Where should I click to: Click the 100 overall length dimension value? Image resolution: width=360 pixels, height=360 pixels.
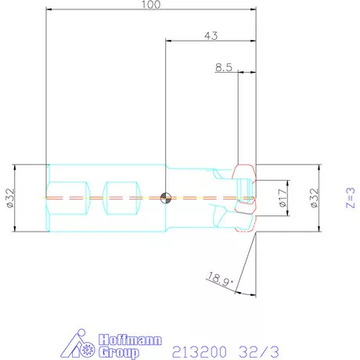151,4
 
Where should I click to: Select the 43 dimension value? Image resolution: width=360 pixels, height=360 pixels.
211,35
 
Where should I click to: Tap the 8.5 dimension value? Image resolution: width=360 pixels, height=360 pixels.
224,67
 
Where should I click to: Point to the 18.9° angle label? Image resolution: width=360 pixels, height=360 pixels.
221,279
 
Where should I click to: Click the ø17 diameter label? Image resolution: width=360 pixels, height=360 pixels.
283,198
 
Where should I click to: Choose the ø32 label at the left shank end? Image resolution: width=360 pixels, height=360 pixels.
10,198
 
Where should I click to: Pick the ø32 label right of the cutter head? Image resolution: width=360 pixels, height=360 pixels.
315,198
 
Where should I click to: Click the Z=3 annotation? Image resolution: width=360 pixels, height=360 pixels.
351,198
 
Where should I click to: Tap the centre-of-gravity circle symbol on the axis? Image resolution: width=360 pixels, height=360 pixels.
166,198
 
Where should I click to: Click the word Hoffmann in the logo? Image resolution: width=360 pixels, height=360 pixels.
130,340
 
